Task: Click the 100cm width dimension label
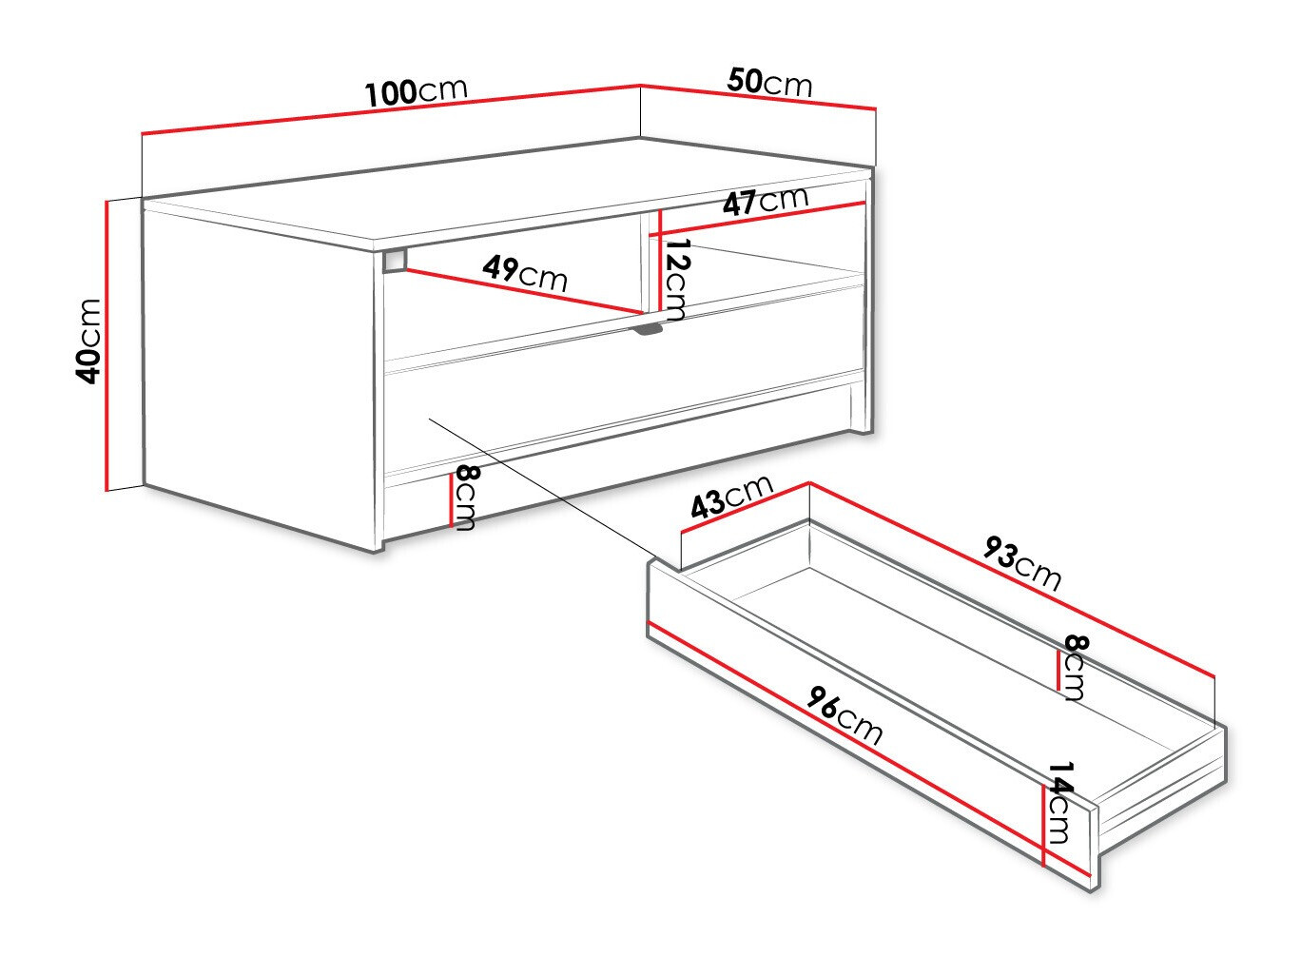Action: coord(417,91)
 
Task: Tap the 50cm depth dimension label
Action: coord(770,84)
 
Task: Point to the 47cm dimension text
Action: coord(765,202)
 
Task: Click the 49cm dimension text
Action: coord(524,273)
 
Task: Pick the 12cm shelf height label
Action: coord(676,280)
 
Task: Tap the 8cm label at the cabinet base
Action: coord(464,498)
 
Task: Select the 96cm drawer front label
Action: coord(845,714)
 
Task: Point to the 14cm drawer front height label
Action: coord(1059,804)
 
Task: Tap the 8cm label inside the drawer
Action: coord(1074,668)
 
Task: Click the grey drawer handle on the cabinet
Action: coord(649,329)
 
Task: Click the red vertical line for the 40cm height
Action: coord(107,346)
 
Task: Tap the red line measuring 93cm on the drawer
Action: coord(1013,580)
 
